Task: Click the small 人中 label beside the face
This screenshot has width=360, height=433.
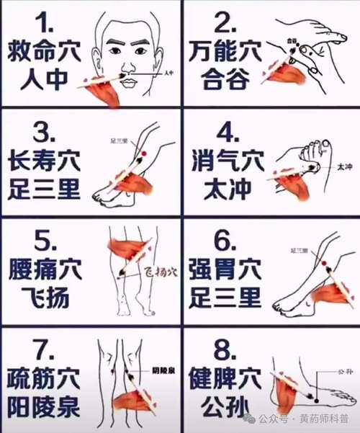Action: [x=169, y=73]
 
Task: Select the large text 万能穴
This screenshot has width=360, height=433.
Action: [x=225, y=52]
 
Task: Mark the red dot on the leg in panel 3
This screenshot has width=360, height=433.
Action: [x=143, y=155]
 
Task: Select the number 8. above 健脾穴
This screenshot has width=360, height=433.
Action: [x=225, y=350]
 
